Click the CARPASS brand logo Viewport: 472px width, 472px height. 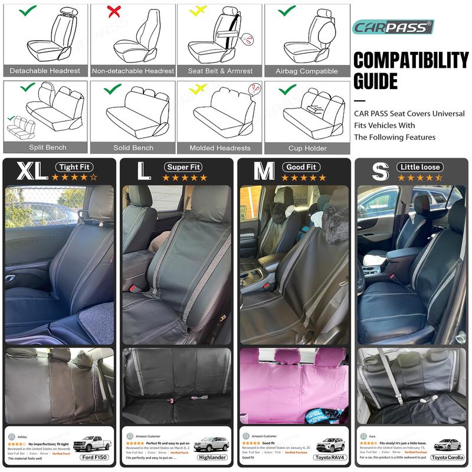click(392, 27)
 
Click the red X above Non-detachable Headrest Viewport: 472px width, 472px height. click(114, 11)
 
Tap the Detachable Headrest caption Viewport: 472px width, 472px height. click(45, 71)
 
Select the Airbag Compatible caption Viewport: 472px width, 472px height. click(307, 71)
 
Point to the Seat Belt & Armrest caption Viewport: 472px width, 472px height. click(220, 71)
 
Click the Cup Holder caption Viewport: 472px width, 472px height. click(307, 148)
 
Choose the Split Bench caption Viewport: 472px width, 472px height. click(47, 147)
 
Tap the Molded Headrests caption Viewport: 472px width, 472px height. click(220, 148)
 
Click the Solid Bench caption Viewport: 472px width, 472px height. click(133, 148)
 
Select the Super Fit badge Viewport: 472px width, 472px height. click(184, 167)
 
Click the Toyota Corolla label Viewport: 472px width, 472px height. click(447, 457)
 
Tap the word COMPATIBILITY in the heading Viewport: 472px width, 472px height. click(411, 60)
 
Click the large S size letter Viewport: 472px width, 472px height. click(380, 171)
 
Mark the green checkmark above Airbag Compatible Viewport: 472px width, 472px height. click(287, 10)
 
